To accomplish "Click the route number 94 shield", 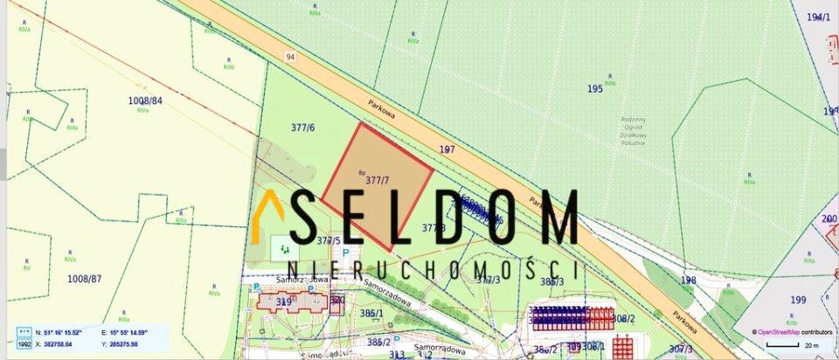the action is tap(289, 57).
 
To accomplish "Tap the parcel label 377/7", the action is tap(378, 181).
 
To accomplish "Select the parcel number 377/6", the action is tap(302, 128).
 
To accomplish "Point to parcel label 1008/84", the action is tap(146, 100).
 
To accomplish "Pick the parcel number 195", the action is tap(595, 89).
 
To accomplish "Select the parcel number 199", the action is tap(798, 300).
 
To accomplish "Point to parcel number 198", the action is tap(689, 280).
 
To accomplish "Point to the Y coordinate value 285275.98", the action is tap(121, 344).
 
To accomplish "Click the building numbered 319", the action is tap(283, 302).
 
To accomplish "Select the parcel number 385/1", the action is tap(372, 313).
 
